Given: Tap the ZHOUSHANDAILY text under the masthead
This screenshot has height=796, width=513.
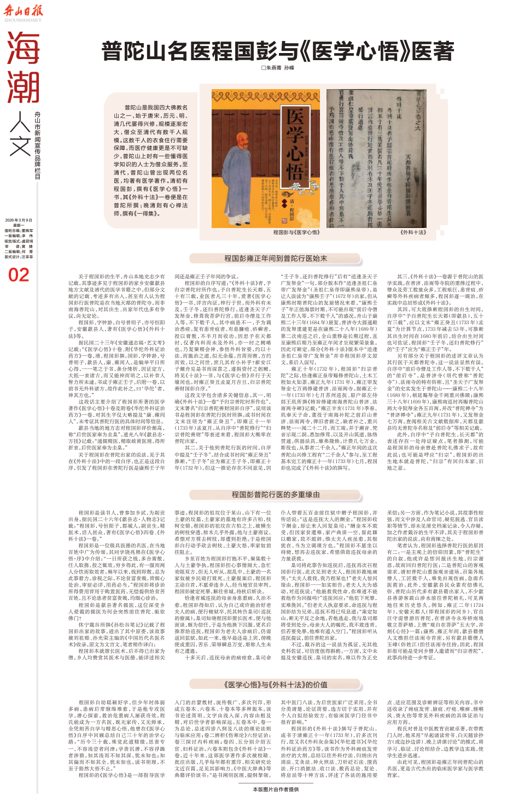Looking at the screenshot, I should (x=23, y=20).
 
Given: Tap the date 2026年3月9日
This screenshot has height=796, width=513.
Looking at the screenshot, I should (x=19, y=220).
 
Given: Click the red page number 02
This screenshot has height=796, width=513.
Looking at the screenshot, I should (x=19, y=275).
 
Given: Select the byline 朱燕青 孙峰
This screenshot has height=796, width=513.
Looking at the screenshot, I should (x=277, y=68).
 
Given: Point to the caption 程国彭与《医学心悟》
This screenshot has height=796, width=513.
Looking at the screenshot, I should (x=296, y=232).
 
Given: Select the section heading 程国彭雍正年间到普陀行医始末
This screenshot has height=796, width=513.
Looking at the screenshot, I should (x=275, y=258).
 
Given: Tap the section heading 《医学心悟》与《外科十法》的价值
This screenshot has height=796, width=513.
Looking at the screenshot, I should (x=275, y=684).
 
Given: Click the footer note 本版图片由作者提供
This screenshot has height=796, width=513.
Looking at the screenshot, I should (x=276, y=789).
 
